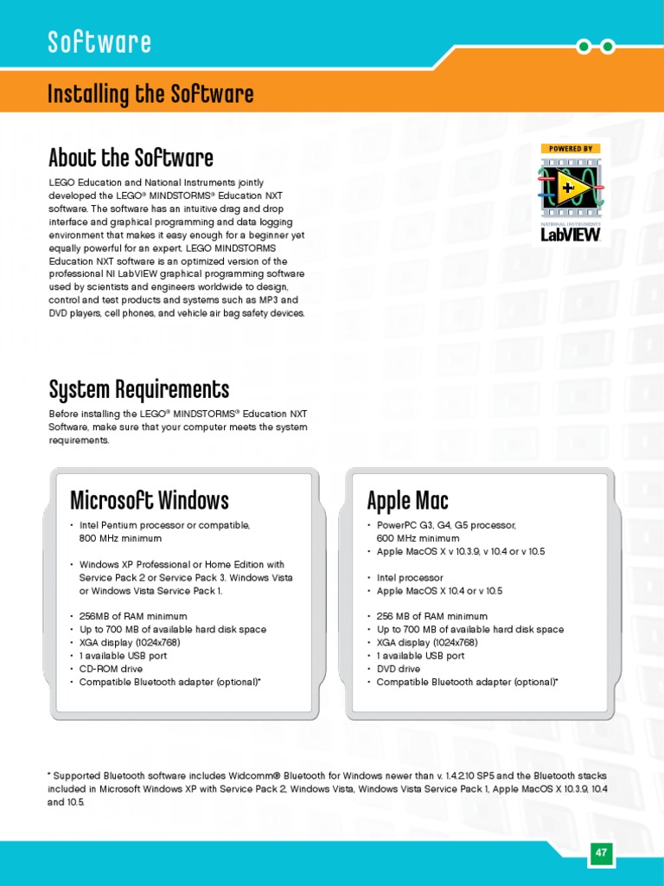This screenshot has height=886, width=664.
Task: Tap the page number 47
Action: (601, 852)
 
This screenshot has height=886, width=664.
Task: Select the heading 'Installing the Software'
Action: (150, 93)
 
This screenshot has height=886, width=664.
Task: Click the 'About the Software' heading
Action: (131, 158)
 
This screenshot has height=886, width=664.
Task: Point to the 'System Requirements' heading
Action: (138, 388)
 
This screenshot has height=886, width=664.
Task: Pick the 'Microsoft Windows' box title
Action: (149, 500)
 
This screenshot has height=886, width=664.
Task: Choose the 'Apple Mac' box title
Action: (407, 500)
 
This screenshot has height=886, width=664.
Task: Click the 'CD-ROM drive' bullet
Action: (112, 669)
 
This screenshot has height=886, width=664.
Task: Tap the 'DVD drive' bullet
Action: (399, 669)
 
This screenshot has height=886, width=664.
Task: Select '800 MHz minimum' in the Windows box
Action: (121, 538)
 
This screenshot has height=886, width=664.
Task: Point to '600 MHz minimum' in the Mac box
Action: (418, 538)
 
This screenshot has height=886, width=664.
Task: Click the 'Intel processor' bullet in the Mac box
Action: (410, 577)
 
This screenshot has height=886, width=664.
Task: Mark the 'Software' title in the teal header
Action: (99, 42)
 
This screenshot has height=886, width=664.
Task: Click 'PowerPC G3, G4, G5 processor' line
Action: (446, 525)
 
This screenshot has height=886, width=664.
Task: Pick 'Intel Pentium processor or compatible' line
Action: (164, 525)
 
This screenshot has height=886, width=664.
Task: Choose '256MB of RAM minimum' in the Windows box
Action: (133, 616)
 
